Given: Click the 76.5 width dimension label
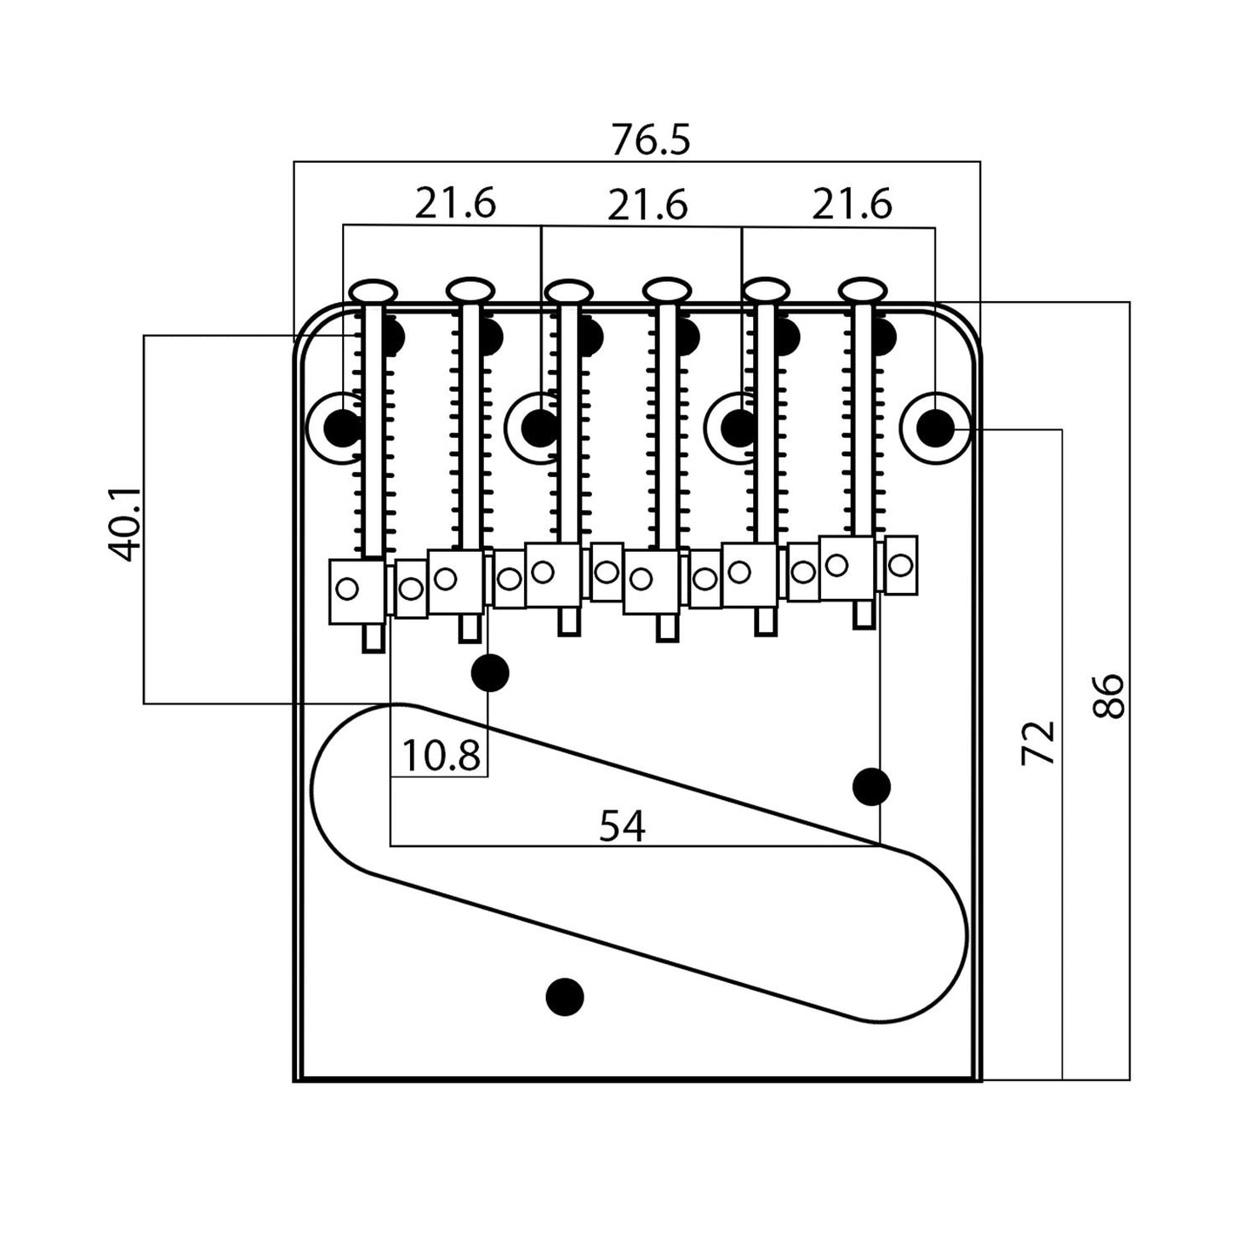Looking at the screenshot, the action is coord(650,139).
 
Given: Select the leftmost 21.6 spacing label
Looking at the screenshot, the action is coord(455,204).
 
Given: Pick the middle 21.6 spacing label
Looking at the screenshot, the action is coord(648,205).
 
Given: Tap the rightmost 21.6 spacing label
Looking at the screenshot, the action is coord(851,204).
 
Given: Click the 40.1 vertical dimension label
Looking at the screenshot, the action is coord(124,524).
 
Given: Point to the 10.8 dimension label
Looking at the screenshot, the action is coord(441,756).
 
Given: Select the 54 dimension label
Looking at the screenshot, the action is coord(622,826).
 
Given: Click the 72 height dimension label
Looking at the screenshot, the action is coord(1038,743).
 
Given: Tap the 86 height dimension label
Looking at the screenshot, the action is coord(1108,696).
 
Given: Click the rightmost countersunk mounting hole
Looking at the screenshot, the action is coord(936,428).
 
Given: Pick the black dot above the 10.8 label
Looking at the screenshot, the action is coord(489,673).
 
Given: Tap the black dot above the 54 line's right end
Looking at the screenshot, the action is coord(871,787).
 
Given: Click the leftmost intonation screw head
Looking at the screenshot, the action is coord(373,290).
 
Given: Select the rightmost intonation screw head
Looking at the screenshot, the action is coord(863,288).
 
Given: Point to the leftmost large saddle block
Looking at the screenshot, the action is coord(356,591).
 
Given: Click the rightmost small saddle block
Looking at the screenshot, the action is coord(901,565).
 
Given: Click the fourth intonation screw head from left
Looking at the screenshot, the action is coord(667,288).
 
